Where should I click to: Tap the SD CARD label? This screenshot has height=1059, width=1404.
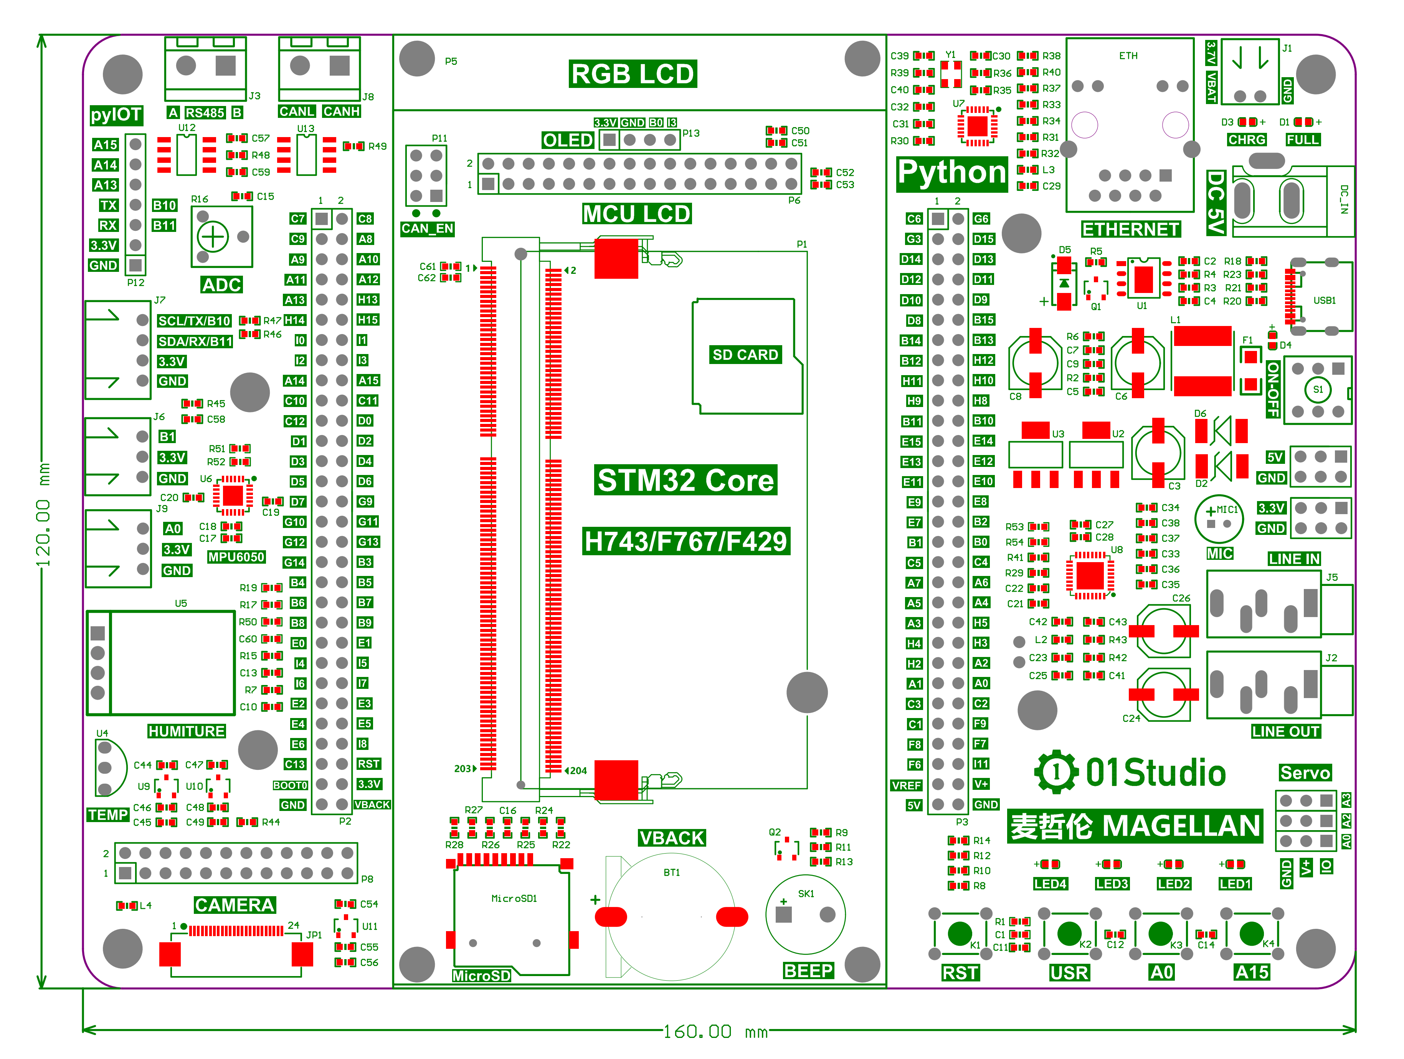(x=745, y=355)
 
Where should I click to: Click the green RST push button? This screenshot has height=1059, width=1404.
(x=959, y=933)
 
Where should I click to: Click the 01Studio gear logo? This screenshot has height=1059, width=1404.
(x=1056, y=772)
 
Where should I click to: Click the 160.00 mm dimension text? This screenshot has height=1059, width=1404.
(x=715, y=1032)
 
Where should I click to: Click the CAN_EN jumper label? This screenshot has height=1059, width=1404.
(x=427, y=228)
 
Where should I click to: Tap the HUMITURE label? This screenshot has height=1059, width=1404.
(x=186, y=731)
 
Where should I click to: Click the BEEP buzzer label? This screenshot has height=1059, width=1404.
(x=808, y=970)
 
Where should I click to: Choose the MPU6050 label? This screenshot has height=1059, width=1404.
(x=236, y=557)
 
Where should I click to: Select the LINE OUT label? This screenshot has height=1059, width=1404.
(x=1285, y=731)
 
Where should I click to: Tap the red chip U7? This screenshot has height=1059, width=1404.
(x=977, y=126)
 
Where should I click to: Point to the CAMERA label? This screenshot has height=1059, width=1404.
(x=234, y=905)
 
